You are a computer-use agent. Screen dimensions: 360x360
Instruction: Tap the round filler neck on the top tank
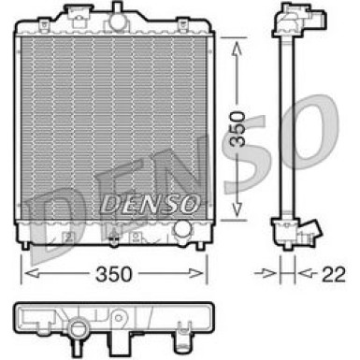pyautogui.click(x=118, y=17)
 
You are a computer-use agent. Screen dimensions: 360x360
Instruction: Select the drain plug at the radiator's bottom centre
pyautogui.click(x=114, y=235)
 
